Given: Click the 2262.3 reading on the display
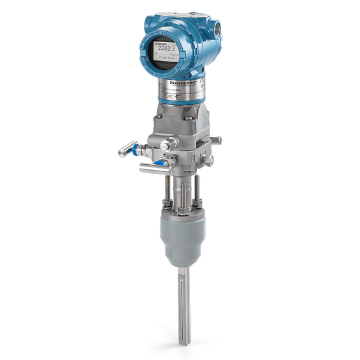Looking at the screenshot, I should (x=168, y=47).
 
